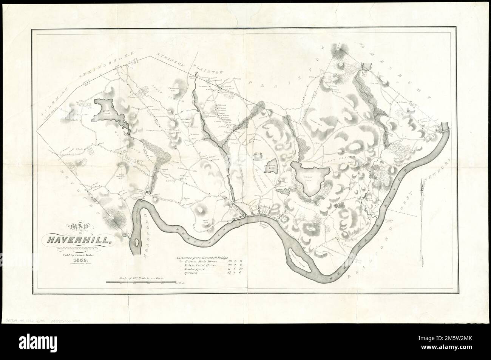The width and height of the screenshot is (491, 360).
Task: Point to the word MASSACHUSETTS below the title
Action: click(77, 248)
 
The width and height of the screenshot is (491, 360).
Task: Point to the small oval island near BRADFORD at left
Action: click(134, 245)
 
